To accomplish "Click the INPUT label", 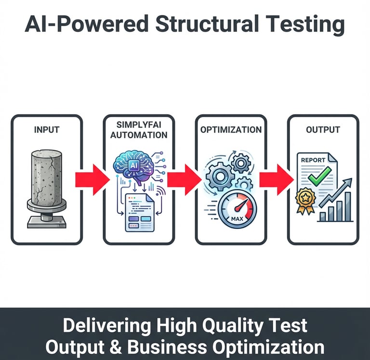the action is click(47, 130).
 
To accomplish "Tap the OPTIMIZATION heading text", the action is click(231, 130).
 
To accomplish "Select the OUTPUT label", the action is click(323, 130).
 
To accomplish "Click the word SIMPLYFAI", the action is click(139, 124).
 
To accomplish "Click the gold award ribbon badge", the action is click(305, 198).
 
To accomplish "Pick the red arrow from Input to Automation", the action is click(92, 180).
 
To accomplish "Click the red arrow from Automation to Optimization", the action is click(185, 180).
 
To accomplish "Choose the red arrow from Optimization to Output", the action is click(277, 180).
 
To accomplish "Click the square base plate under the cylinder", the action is click(46, 221).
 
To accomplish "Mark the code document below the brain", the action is click(139, 212).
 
